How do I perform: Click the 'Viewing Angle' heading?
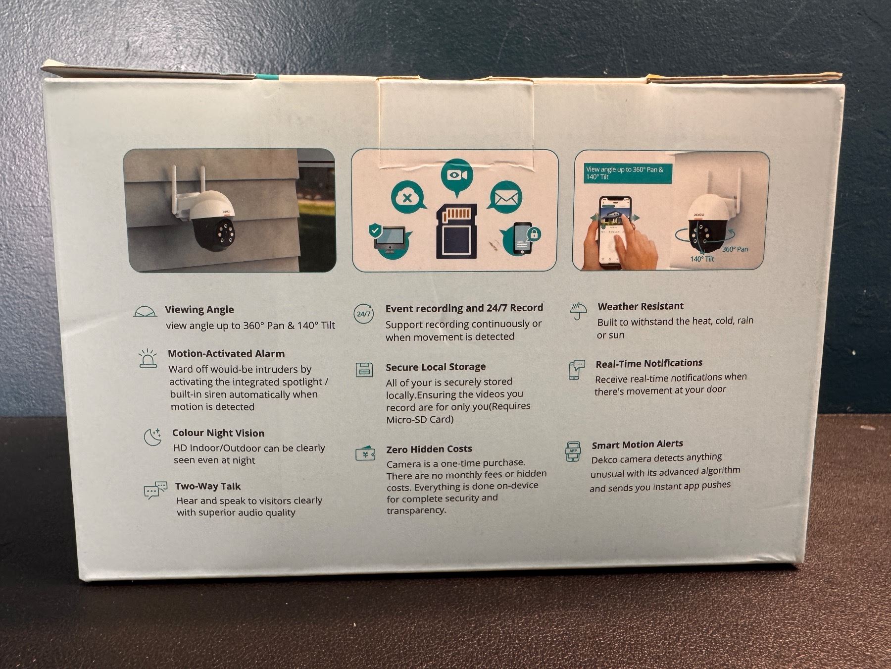(199, 310)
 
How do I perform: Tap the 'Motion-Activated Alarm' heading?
(226, 353)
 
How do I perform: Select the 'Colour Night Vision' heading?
(218, 433)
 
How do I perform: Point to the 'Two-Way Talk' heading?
(208, 486)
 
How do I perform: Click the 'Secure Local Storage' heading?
(436, 367)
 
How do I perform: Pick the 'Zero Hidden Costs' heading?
(429, 449)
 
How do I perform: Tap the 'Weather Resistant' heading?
(641, 306)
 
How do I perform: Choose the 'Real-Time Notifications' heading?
(649, 364)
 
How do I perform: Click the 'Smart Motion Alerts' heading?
(638, 445)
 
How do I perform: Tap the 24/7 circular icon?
(364, 314)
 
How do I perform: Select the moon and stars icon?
(152, 437)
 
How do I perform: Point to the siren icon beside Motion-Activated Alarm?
(148, 358)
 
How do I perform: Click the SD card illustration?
(456, 231)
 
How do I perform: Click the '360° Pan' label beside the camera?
(735, 249)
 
